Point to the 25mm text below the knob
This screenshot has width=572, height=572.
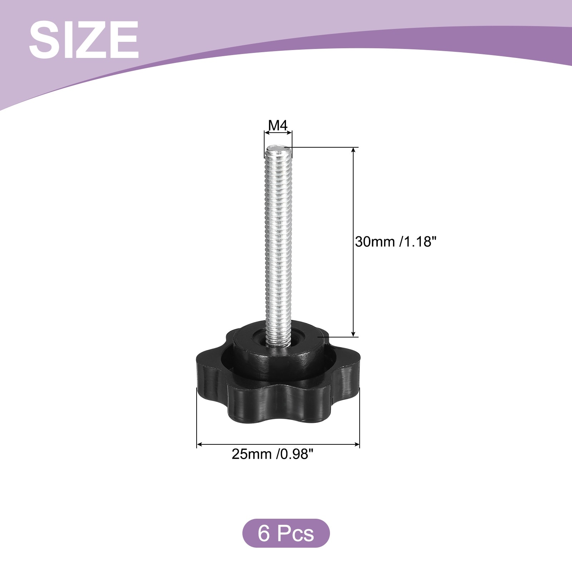252,454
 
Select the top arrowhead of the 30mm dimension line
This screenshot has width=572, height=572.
354,151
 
